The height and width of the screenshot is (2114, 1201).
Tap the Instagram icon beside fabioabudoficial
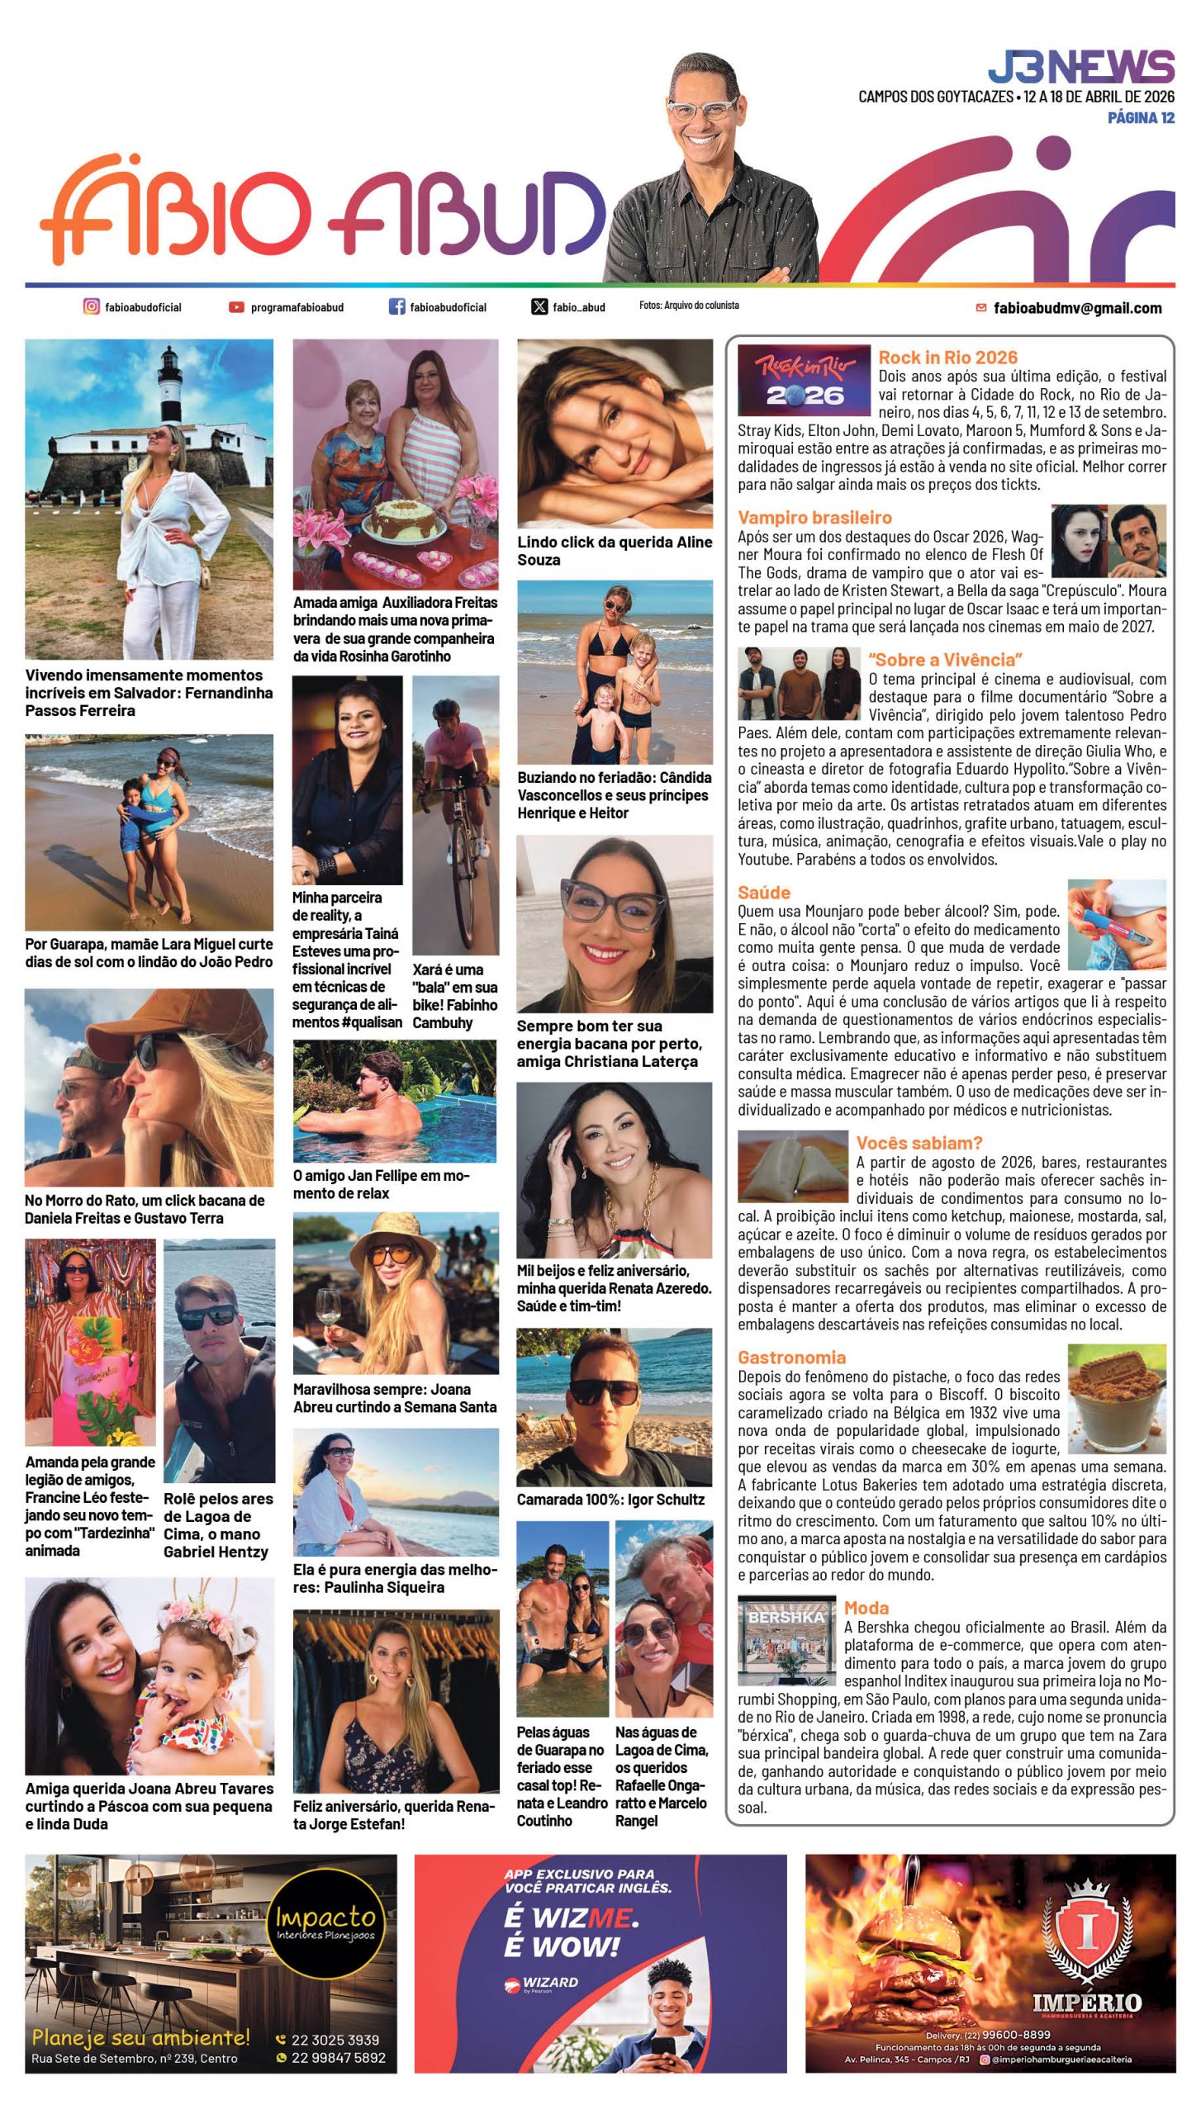point(91,306)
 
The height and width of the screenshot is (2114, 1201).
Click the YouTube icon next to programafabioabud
point(236,307)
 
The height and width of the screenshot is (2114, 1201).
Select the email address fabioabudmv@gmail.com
point(1077,308)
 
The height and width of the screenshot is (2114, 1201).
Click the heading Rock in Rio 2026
point(947,358)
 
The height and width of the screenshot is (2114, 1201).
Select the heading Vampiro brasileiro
point(814,518)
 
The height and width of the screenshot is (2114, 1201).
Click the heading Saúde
point(763,893)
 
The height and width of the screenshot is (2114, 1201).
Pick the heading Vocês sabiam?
point(919,1143)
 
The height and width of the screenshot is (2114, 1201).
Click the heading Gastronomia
point(791,1358)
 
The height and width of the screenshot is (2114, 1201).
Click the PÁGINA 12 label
point(1141,118)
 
